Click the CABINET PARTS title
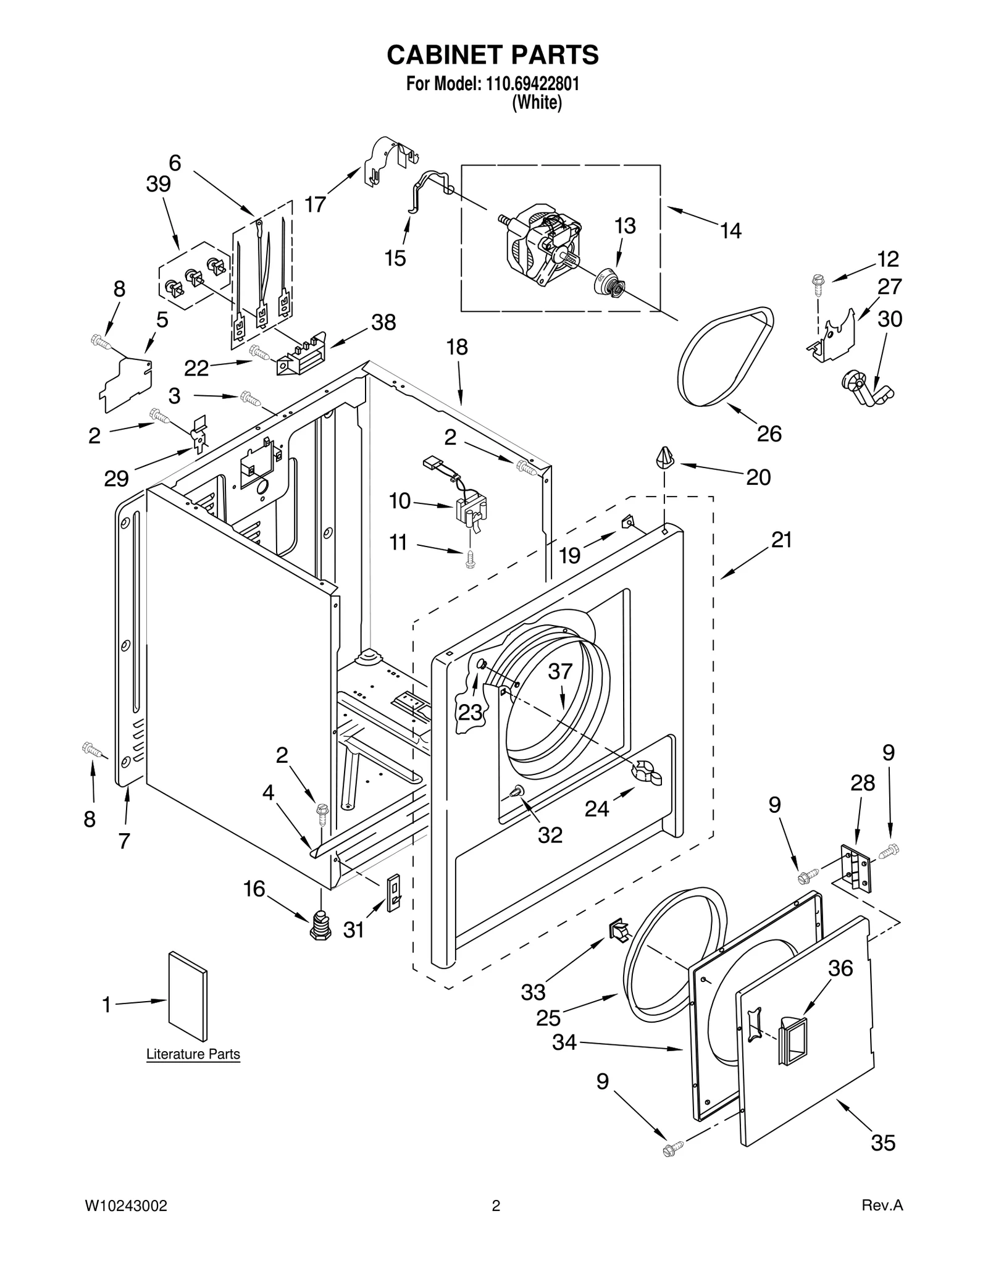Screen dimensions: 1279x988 click(492, 55)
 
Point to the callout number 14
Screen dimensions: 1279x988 click(731, 231)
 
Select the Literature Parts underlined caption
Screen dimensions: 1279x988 click(193, 1054)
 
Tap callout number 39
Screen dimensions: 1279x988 click(158, 184)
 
